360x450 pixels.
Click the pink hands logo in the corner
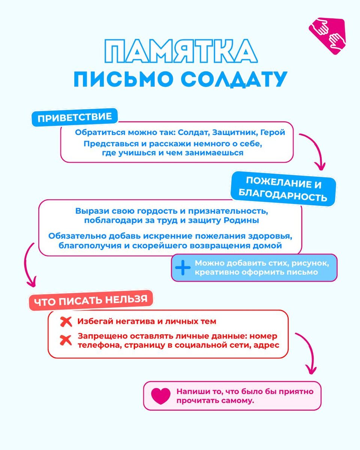pyautogui.click(x=327, y=36)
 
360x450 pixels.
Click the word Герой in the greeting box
pyautogui.click(x=273, y=132)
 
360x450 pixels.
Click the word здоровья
pyautogui.click(x=273, y=237)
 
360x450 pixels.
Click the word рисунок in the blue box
pyautogui.click(x=312, y=263)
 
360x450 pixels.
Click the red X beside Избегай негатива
pyautogui.click(x=66, y=322)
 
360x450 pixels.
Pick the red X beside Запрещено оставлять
pyautogui.click(x=66, y=340)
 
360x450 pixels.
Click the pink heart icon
pyautogui.click(x=160, y=396)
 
